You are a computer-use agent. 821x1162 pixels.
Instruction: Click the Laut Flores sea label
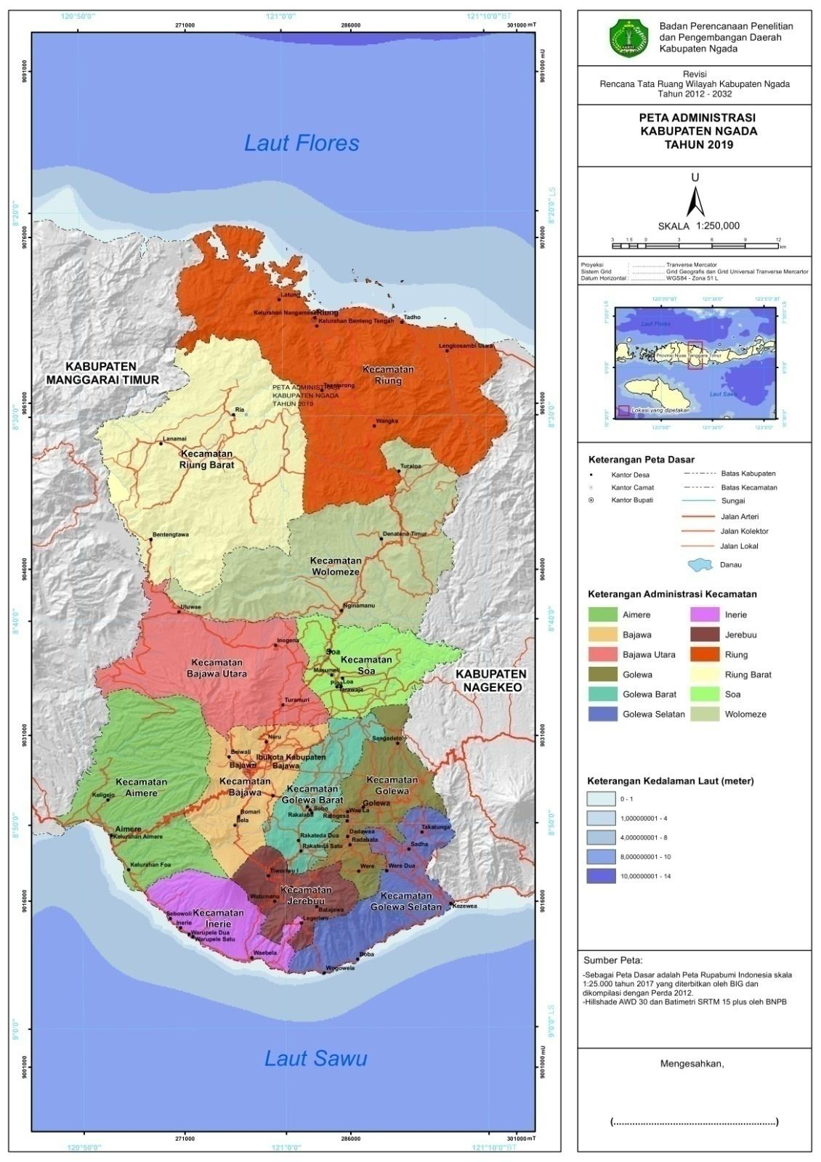tap(302, 143)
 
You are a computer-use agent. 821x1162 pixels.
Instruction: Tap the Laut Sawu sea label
tap(315, 1058)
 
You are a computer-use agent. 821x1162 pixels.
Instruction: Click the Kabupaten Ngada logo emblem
tap(629, 38)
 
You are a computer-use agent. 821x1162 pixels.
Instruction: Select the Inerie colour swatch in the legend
tap(704, 615)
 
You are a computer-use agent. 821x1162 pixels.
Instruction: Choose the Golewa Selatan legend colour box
tap(602, 715)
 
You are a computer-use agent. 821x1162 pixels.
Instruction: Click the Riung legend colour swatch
tap(704, 654)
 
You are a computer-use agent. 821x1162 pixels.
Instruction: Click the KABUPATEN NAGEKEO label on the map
tap(491, 680)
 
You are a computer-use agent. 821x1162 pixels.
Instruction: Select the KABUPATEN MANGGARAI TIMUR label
tap(102, 373)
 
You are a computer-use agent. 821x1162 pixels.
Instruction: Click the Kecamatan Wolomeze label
tap(336, 566)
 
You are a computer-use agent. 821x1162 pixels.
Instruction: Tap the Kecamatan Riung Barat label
tap(207, 458)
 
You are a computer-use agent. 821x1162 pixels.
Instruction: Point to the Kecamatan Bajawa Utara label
tap(219, 668)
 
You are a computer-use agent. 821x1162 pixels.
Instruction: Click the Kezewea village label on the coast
tap(465, 906)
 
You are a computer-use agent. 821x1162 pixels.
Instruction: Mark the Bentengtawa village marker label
tap(170, 535)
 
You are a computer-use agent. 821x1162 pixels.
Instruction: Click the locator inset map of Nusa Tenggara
tap(695, 362)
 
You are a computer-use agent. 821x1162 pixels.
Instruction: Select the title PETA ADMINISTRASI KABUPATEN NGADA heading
tap(697, 131)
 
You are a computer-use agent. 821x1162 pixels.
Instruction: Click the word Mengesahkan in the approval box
tap(692, 1064)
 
